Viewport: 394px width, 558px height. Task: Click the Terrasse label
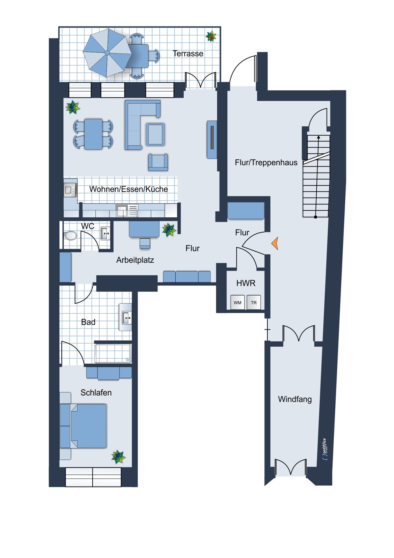188,53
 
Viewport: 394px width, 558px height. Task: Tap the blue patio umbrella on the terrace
107,53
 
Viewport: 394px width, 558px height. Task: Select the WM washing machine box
238,302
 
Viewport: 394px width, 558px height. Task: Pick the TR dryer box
254,302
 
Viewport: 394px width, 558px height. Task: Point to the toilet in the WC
70,235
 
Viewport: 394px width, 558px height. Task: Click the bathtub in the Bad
113,353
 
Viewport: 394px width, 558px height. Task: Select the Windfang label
295,399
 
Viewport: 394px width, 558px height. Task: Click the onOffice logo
325,449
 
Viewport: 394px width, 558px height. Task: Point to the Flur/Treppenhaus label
266,162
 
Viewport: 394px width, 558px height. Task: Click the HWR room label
246,283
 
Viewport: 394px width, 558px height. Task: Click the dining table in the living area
93,134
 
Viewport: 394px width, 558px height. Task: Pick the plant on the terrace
211,37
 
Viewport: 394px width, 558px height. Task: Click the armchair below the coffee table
158,162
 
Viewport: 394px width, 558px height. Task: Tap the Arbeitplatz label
135,260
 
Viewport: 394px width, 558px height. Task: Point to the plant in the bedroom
118,457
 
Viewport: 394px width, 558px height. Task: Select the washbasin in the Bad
126,317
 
